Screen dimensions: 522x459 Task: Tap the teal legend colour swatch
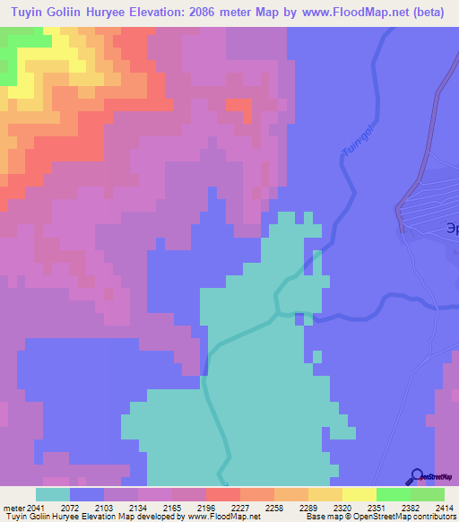point(53,494)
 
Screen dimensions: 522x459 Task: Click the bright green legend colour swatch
point(394,494)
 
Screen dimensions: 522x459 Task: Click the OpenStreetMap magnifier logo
point(416,475)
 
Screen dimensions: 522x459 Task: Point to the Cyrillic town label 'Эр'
point(449,227)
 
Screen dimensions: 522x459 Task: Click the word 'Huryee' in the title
point(120,13)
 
